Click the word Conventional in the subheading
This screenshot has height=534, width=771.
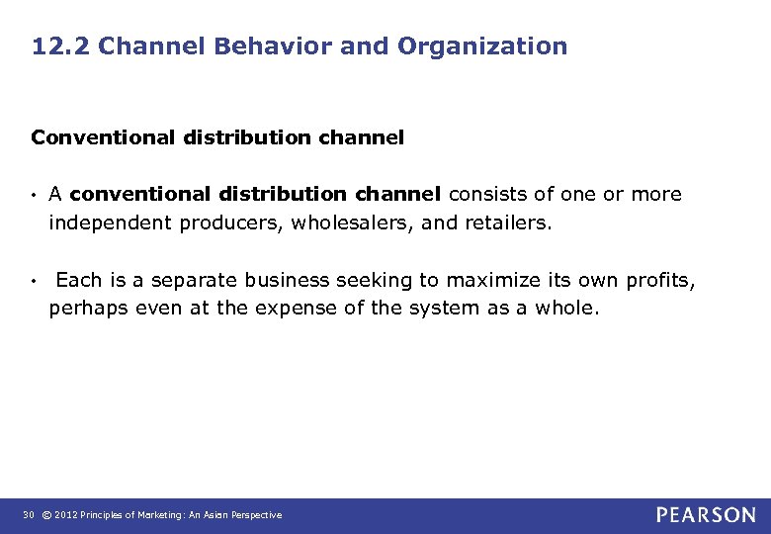pyautogui.click(x=103, y=138)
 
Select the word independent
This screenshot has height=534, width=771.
pyautogui.click(x=110, y=222)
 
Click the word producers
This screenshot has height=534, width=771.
pyautogui.click(x=232, y=222)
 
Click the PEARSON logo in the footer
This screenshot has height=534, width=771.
pyautogui.click(x=706, y=515)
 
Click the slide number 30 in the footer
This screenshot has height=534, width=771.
pyautogui.click(x=29, y=515)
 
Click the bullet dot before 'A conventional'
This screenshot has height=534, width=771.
pyautogui.click(x=35, y=195)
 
